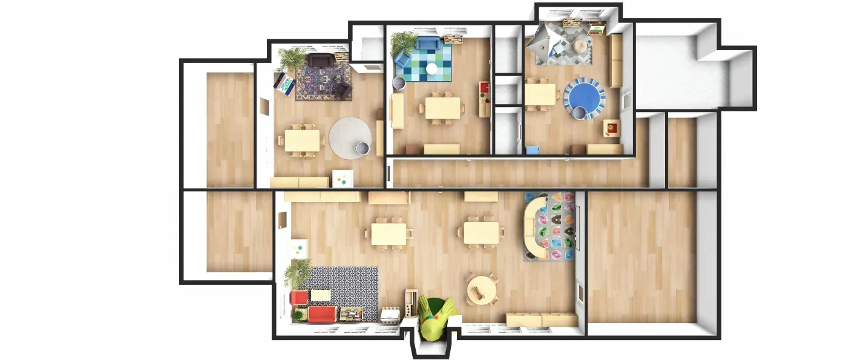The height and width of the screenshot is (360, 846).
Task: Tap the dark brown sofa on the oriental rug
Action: (x=321, y=60)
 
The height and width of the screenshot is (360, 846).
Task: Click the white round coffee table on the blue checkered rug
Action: (x=431, y=69)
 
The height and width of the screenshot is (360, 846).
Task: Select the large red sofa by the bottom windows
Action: (x=322, y=315)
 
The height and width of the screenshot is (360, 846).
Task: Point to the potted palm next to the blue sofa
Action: (x=402, y=43)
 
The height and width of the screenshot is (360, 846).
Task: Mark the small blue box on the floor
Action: (x=532, y=150)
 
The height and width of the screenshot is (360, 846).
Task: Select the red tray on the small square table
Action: (x=611, y=128)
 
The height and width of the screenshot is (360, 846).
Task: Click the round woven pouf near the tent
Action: (x=580, y=45)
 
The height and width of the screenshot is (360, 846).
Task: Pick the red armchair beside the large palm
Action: (x=298, y=298)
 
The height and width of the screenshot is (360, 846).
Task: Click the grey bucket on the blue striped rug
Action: (x=578, y=113)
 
